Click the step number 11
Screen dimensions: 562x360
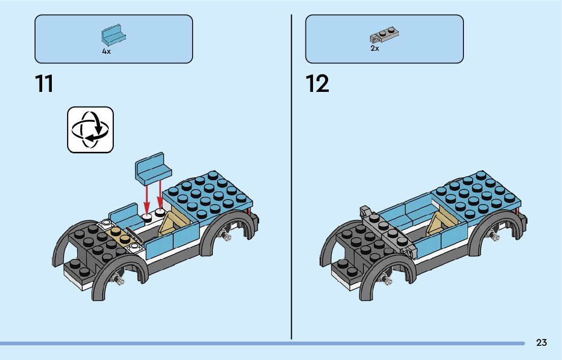[44, 84]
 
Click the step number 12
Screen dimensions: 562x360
[318, 84]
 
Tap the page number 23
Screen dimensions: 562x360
[541, 343]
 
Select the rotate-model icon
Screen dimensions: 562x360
[90, 129]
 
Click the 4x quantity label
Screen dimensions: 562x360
[106, 52]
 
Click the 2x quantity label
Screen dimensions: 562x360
[374, 49]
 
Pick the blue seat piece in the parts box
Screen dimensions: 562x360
[113, 36]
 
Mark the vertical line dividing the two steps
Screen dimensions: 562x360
[292, 178]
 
